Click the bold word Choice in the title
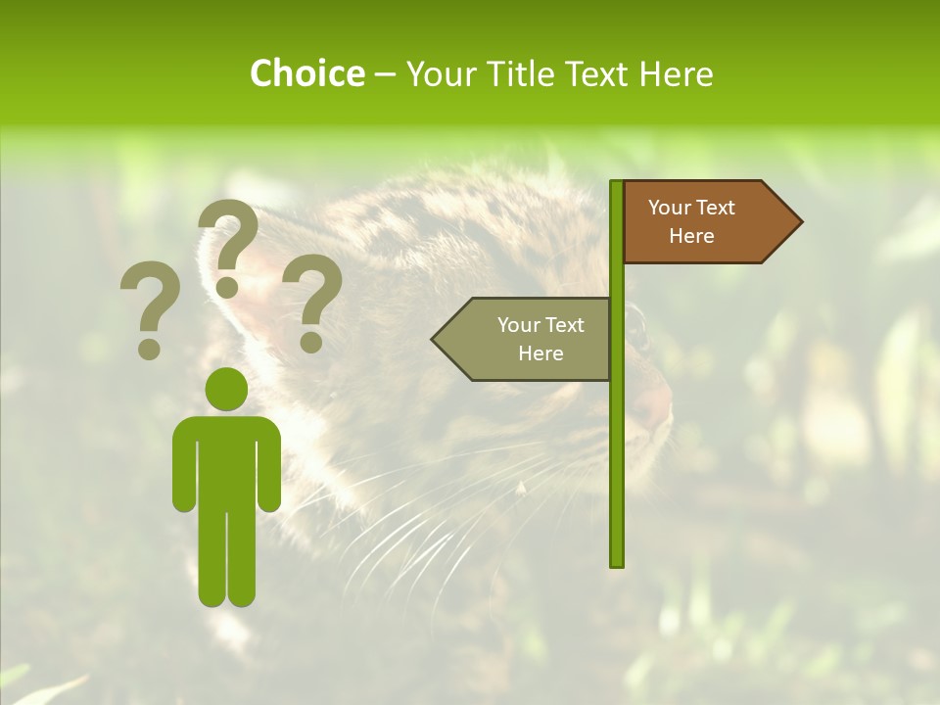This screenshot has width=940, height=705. [x=306, y=73]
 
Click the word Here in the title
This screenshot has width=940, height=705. [x=676, y=73]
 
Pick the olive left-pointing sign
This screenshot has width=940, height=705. [x=524, y=339]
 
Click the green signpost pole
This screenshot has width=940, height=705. [x=617, y=441]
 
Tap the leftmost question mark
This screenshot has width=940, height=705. [x=150, y=308]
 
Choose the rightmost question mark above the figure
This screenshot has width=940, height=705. [x=313, y=302]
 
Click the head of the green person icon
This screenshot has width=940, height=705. [x=227, y=389]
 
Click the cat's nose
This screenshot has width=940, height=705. [x=658, y=401]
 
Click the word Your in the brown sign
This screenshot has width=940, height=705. [x=670, y=208]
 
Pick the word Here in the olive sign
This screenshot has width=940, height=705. [x=540, y=353]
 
